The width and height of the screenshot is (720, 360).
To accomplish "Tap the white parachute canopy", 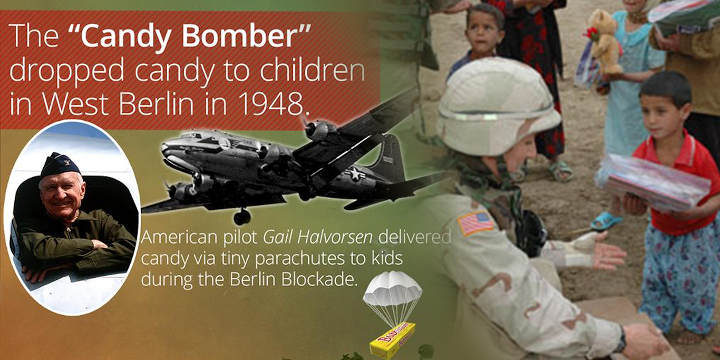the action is coord(392,288).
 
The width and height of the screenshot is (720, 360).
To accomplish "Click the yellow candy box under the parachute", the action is coord(392,339).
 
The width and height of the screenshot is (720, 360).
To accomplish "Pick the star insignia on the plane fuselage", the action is coord(355,174).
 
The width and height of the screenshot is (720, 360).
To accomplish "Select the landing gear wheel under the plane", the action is coord(242,217).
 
